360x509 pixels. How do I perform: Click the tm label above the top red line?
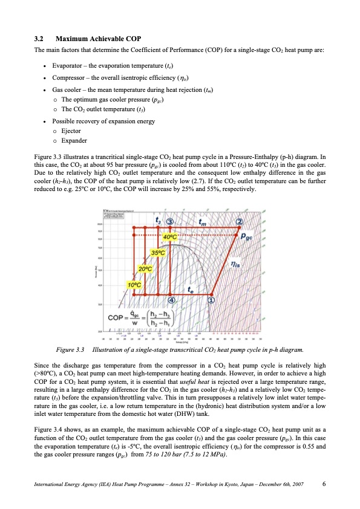205,222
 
